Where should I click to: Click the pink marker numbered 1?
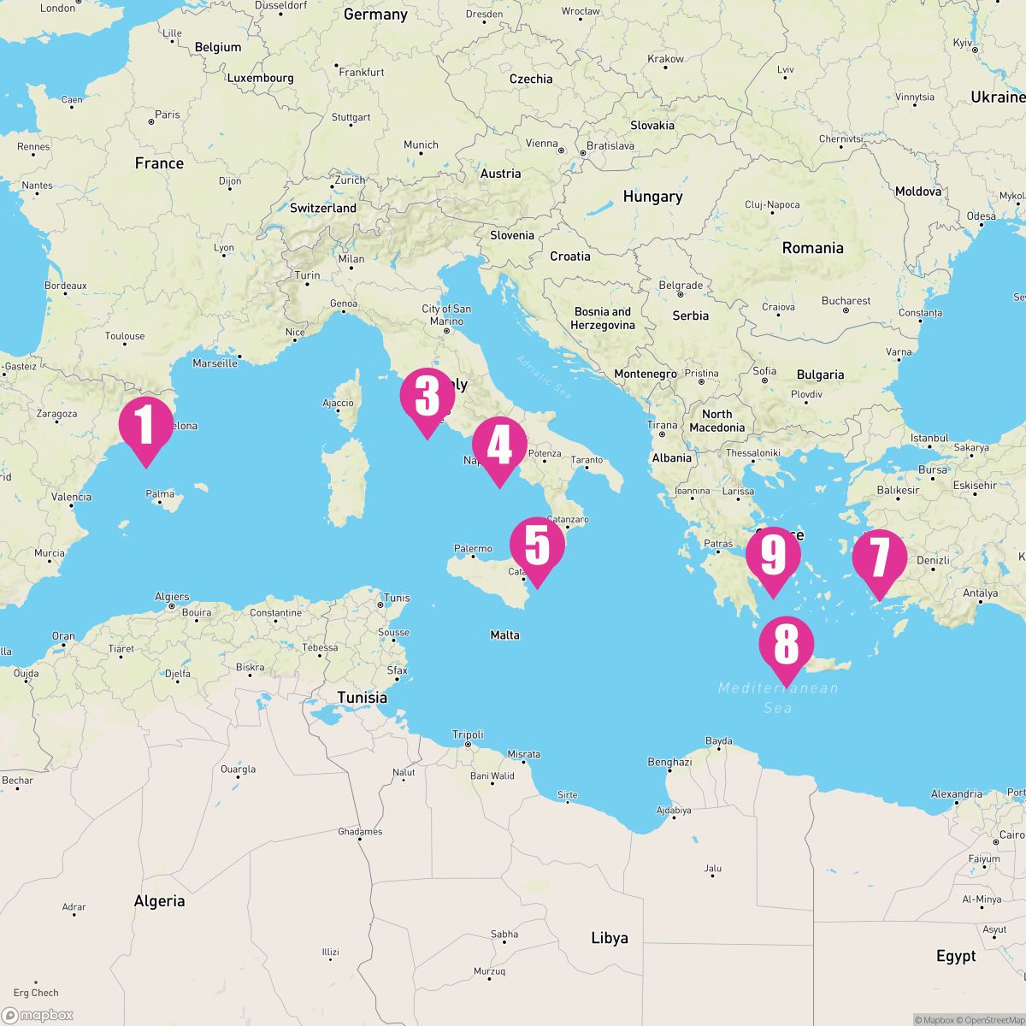(x=146, y=425)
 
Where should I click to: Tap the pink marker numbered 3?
(x=427, y=397)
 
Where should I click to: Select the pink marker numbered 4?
(x=498, y=445)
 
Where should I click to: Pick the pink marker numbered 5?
(x=537, y=545)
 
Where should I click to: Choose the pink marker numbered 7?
(x=879, y=558)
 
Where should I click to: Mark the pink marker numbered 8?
(x=786, y=644)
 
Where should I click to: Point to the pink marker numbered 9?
(x=772, y=556)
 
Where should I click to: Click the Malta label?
(x=504, y=635)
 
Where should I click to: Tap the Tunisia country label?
(x=362, y=698)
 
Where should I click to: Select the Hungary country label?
(x=652, y=197)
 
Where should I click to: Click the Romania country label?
(x=812, y=248)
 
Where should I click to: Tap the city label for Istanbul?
(x=930, y=438)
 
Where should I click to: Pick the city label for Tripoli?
(x=468, y=734)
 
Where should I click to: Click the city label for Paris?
(x=168, y=115)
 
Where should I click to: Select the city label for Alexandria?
(x=956, y=793)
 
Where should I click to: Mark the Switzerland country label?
(x=323, y=208)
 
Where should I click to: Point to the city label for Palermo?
(x=473, y=549)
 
